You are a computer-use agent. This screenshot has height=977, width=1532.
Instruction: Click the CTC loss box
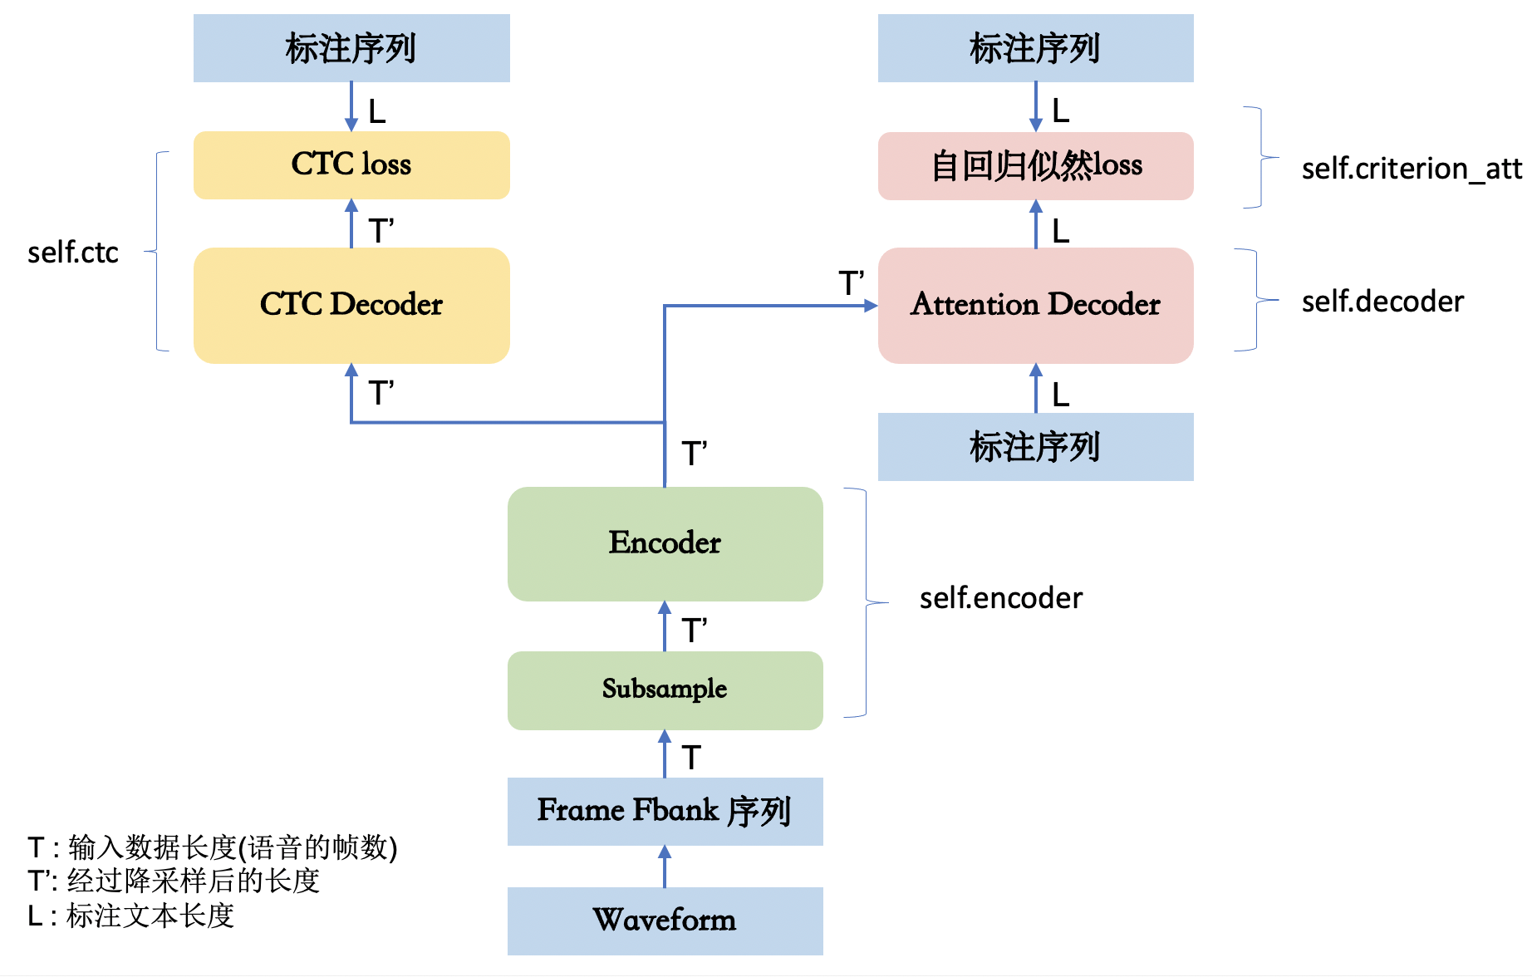[351, 164]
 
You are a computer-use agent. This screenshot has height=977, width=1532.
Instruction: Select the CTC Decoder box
[351, 305]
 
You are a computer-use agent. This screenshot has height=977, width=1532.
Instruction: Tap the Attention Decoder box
[1035, 305]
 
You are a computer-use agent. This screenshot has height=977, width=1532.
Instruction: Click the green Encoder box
[665, 543]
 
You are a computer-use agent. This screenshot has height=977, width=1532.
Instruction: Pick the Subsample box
[665, 690]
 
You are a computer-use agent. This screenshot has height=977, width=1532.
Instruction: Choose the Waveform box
[665, 921]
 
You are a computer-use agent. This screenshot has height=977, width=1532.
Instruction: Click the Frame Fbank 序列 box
[665, 811]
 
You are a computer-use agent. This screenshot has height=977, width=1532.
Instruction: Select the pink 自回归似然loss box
[1035, 165]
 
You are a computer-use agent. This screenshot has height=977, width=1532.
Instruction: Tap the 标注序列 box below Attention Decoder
[1035, 447]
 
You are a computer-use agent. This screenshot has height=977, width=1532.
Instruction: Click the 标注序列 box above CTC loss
[351, 48]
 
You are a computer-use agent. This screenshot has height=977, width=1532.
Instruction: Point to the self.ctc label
[73, 253]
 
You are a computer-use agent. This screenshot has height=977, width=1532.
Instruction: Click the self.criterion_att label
[1411, 169]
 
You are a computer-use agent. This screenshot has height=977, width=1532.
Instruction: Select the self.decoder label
[1382, 302]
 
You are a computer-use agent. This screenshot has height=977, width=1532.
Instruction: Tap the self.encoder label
[1000, 598]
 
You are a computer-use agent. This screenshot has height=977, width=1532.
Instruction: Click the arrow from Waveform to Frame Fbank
[665, 866]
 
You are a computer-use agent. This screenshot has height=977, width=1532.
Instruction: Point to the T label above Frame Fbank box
[691, 758]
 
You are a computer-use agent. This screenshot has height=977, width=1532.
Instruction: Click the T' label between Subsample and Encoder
[694, 631]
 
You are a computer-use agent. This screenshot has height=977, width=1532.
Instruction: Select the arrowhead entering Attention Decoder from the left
[870, 306]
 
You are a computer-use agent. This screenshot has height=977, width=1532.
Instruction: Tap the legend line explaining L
[131, 916]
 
